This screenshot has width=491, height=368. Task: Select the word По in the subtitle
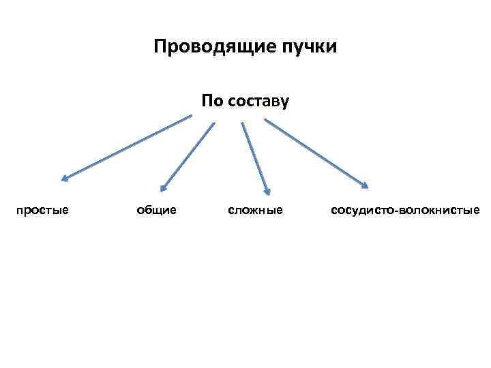point(211,102)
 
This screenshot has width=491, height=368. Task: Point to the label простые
point(42,210)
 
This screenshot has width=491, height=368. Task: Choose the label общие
point(157,210)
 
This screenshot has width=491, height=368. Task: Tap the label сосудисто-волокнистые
point(405,210)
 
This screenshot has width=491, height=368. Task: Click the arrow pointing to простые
point(127,147)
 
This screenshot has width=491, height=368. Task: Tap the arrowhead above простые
point(63,179)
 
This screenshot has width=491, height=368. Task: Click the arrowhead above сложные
point(268,193)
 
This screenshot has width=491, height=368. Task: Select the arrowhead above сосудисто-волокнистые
point(366,184)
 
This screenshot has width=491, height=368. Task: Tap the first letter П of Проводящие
point(160,47)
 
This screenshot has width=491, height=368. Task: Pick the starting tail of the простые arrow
point(191,115)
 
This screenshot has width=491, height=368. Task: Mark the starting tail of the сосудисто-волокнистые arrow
point(266,121)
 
